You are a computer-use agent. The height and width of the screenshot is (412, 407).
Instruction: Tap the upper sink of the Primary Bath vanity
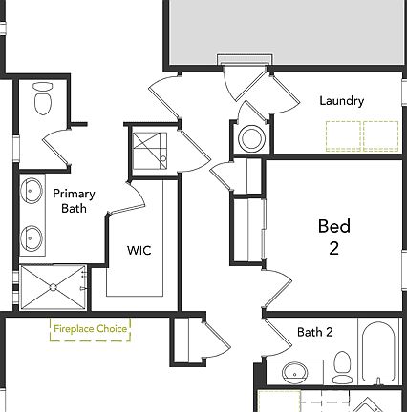click(x=32, y=189)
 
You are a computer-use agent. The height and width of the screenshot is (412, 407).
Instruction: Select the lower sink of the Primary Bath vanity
click(x=32, y=235)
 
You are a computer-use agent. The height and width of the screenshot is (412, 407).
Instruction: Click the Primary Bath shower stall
click(x=53, y=287)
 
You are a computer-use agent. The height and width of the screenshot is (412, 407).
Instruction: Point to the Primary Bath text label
click(x=73, y=199)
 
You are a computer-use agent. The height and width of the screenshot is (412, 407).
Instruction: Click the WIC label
click(x=139, y=250)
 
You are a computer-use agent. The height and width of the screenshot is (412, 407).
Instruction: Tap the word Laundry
click(x=341, y=100)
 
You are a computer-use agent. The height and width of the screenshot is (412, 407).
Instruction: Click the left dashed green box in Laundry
click(x=343, y=135)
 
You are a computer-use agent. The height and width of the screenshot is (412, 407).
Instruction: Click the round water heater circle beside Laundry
click(x=251, y=139)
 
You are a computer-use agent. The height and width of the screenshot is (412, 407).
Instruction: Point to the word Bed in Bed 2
click(x=334, y=227)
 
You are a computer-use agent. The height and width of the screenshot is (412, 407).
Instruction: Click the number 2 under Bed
click(x=334, y=249)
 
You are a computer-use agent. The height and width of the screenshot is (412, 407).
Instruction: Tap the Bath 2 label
click(x=314, y=333)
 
